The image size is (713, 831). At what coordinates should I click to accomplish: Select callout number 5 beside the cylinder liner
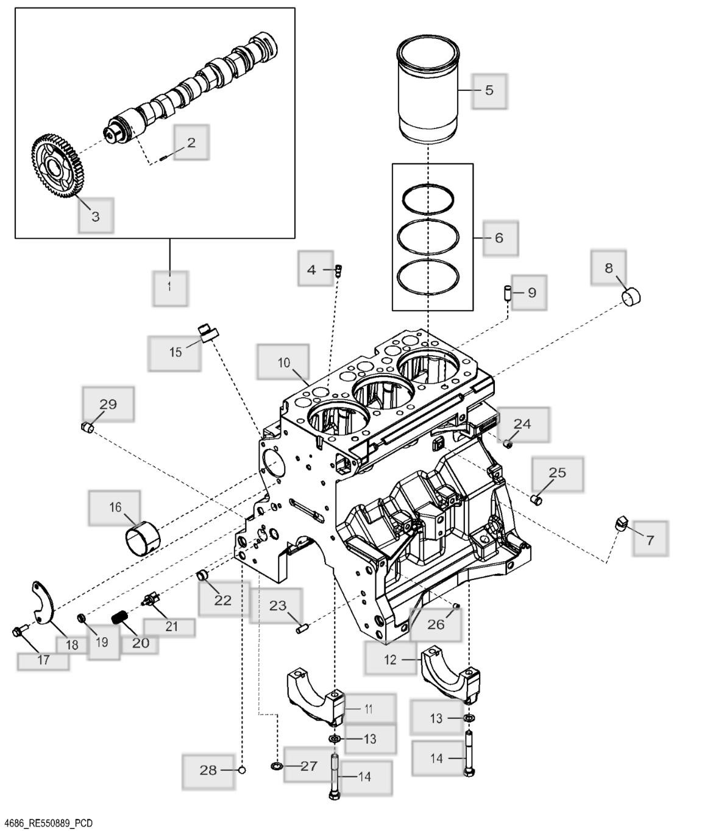[489, 90]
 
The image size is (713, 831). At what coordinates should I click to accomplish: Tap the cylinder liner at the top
[428, 91]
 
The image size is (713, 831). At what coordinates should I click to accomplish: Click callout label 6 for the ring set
[499, 238]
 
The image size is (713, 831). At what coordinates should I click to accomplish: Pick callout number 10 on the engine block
[283, 362]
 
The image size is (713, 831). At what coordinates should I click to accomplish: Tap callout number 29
[108, 404]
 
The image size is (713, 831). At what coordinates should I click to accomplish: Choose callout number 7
[650, 539]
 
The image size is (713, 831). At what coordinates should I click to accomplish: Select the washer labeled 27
[275, 765]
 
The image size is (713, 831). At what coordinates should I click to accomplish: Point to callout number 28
[208, 770]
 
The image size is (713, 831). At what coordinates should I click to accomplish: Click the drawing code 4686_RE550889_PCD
[48, 824]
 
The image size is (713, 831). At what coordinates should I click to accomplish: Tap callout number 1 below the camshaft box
[169, 285]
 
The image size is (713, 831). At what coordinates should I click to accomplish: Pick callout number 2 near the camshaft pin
[191, 143]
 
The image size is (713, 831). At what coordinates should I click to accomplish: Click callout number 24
[522, 423]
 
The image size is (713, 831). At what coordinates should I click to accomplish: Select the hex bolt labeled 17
[18, 631]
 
